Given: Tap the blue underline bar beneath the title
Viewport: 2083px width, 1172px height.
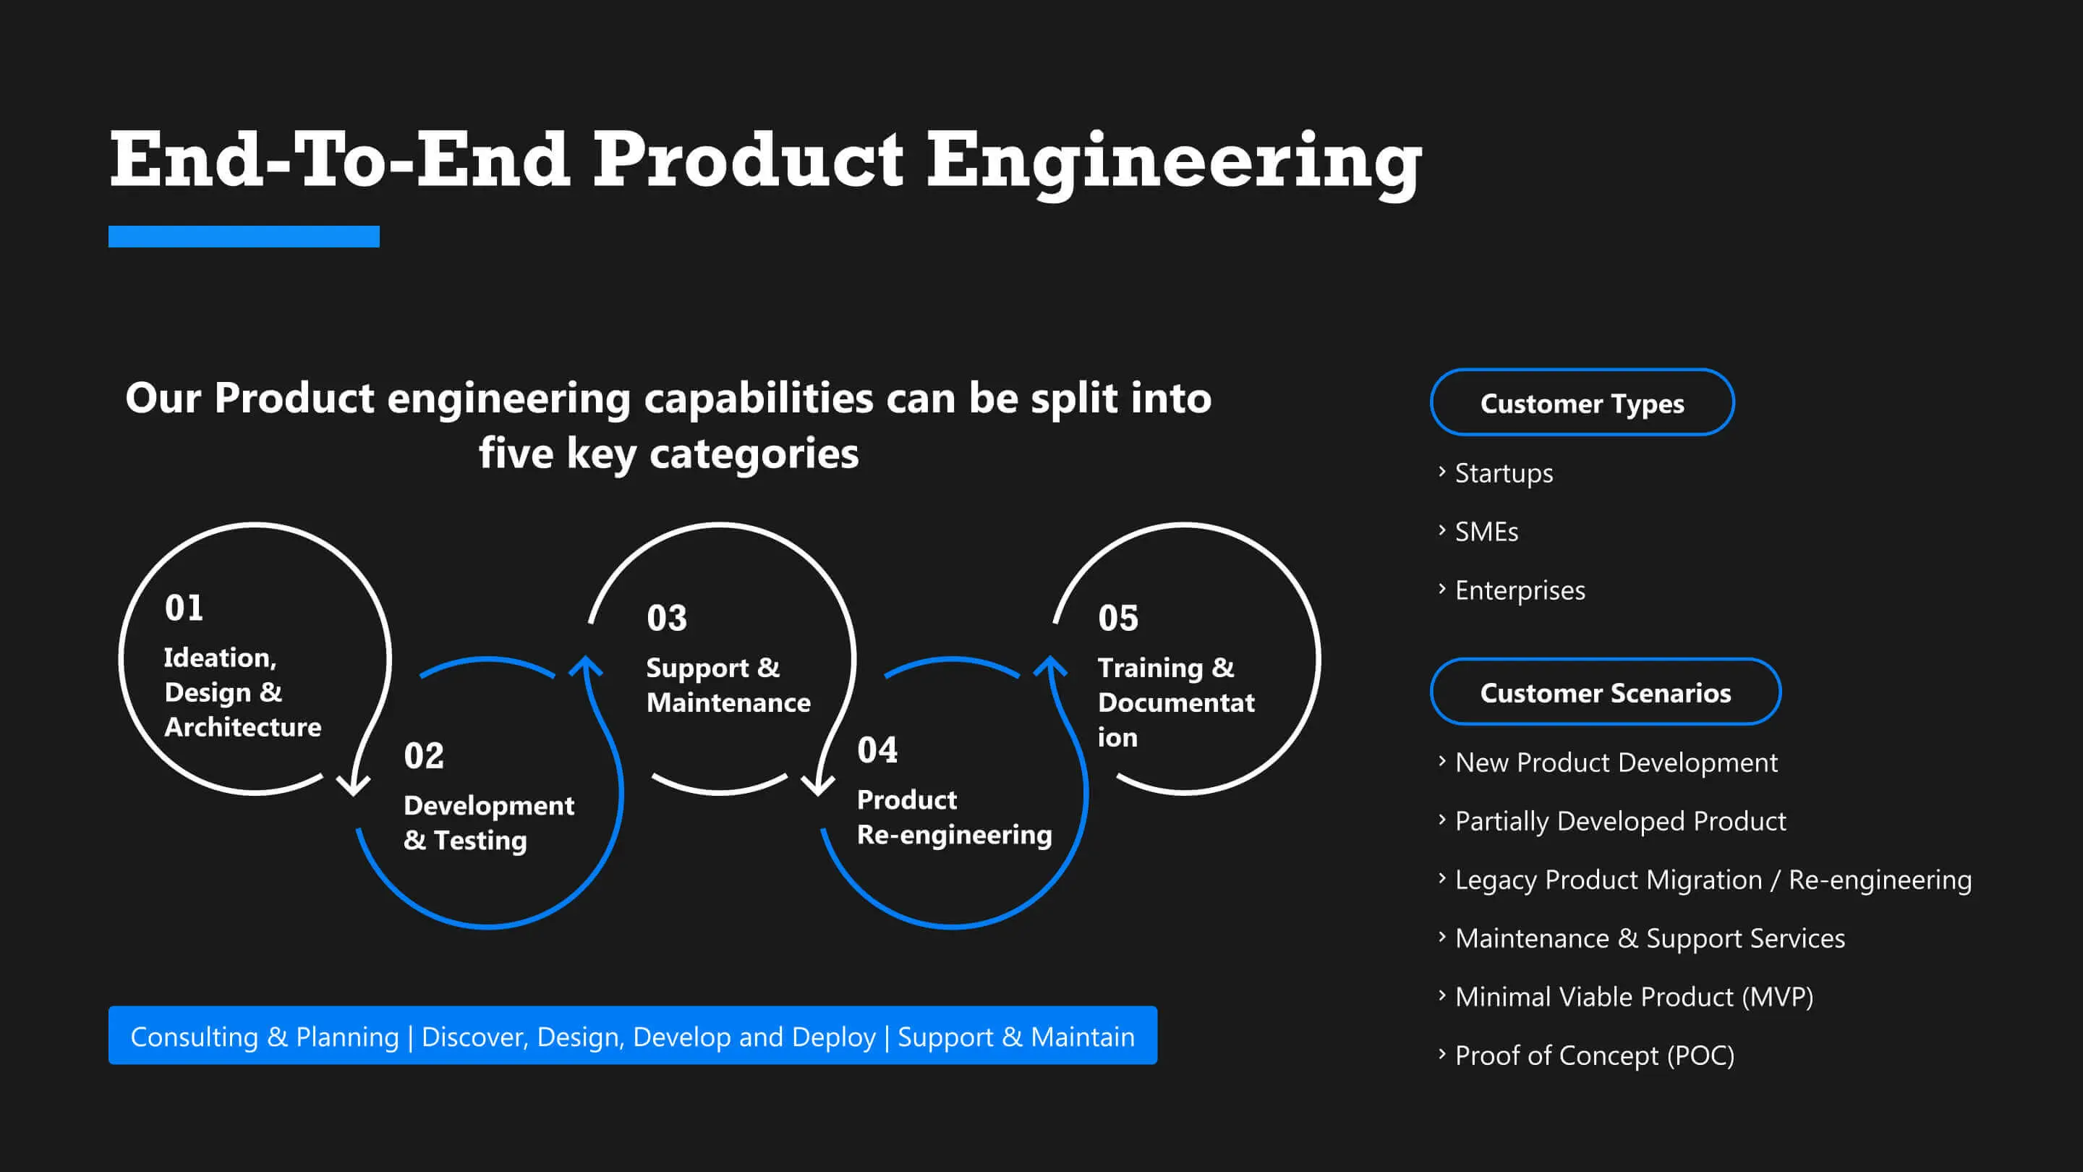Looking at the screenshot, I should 244,236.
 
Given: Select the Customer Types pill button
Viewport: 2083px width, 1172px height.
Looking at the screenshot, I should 1582,403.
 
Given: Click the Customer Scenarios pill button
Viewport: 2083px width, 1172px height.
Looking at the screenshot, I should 1605,692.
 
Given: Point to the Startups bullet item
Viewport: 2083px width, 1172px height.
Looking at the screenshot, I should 1503,473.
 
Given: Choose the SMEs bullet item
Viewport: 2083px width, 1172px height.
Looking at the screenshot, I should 1486,532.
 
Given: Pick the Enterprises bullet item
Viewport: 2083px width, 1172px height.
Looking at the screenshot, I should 1520,590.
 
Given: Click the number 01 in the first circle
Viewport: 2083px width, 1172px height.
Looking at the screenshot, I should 184,608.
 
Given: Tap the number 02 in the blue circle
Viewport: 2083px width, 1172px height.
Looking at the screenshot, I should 424,756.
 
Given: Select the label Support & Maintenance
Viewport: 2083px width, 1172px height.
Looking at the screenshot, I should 727,685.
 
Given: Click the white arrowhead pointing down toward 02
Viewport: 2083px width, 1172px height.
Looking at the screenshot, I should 354,784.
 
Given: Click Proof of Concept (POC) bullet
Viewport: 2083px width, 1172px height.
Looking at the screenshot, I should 1594,1056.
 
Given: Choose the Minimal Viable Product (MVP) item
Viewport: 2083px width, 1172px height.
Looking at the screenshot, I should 1633,996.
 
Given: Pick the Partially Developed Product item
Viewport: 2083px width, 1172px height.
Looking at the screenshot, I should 1619,821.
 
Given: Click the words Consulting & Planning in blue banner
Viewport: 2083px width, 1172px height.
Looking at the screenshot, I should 265,1037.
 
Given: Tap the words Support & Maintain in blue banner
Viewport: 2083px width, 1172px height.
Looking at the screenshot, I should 1015,1037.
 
